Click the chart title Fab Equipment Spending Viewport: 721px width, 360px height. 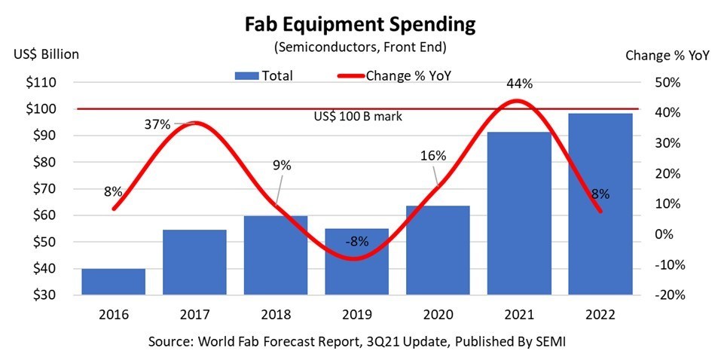(x=360, y=24)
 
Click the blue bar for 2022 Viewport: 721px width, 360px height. (x=600, y=203)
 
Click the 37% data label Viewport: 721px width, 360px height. (x=158, y=124)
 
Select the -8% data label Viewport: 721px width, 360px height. (x=357, y=242)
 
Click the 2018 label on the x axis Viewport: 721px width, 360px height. (x=276, y=313)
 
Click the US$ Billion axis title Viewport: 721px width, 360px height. (x=46, y=54)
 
